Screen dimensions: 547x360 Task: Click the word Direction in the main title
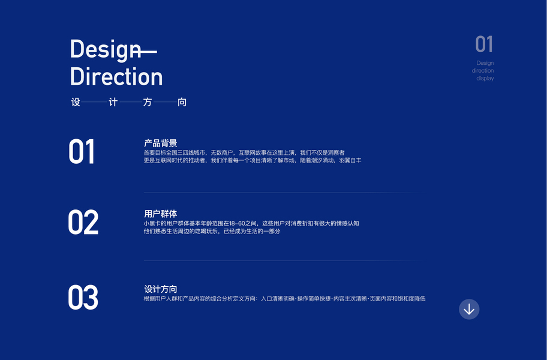click(x=116, y=76)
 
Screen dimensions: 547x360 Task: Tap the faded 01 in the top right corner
click(x=484, y=44)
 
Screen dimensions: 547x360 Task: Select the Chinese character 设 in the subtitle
click(x=76, y=102)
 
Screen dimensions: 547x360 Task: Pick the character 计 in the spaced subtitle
click(x=113, y=102)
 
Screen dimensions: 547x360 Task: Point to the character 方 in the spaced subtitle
click(x=148, y=102)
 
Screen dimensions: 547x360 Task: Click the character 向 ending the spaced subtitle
click(x=182, y=102)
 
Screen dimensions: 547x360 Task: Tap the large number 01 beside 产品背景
click(x=82, y=152)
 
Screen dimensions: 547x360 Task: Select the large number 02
click(x=83, y=222)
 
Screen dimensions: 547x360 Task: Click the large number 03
click(x=83, y=297)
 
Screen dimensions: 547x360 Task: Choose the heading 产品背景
click(x=161, y=143)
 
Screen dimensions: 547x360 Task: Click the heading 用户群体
click(x=161, y=214)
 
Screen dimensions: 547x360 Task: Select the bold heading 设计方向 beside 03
click(x=161, y=289)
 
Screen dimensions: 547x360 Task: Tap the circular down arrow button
click(x=469, y=309)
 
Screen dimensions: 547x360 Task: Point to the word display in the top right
click(x=485, y=79)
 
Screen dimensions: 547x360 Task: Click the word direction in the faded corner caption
click(x=483, y=70)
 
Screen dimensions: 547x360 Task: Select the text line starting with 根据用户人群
click(x=285, y=299)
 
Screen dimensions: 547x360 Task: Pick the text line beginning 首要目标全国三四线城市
click(x=244, y=152)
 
